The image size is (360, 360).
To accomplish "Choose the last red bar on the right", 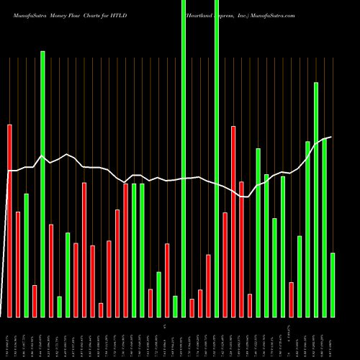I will [x=291, y=300].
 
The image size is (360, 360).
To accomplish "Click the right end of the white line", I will [x=331, y=137].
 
